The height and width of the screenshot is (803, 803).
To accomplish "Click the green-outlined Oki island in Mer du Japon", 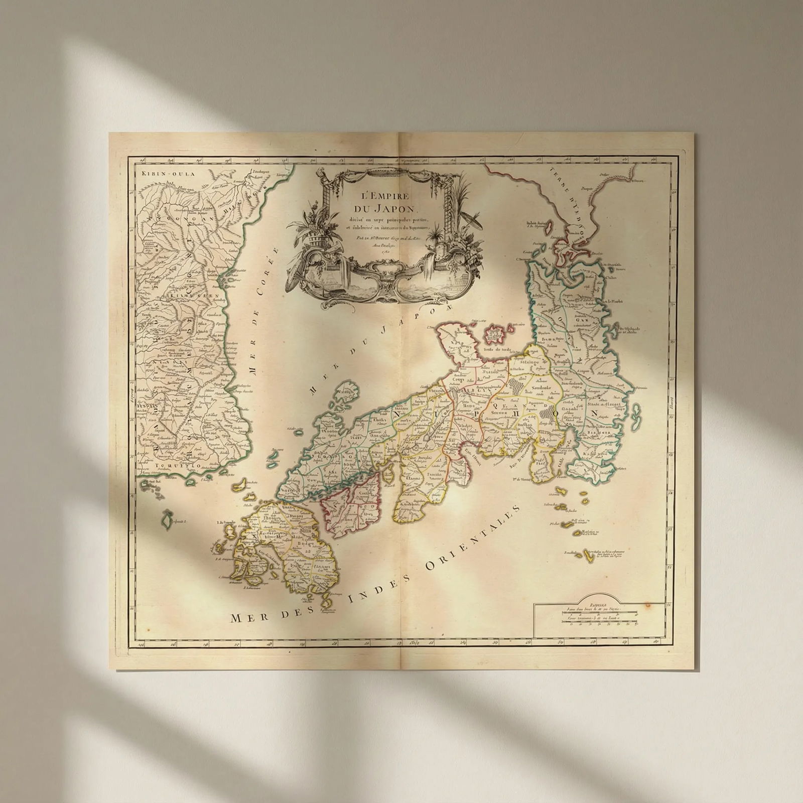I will click(345, 392).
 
